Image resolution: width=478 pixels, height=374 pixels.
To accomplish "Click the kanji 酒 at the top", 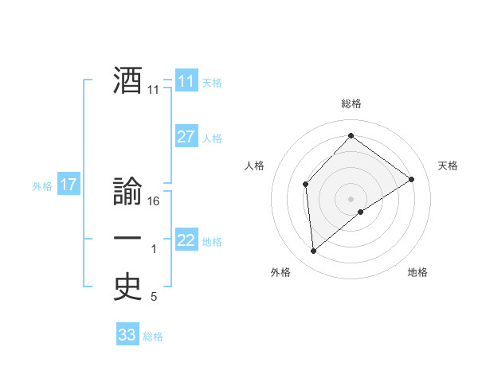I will (127, 80).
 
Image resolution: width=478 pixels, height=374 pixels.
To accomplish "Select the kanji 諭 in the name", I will (127, 193).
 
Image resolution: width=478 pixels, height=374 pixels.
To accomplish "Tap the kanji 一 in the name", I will (127, 239).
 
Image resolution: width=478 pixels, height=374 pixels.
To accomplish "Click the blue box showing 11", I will (186, 82).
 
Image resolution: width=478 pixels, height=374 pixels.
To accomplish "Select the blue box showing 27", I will (186, 137).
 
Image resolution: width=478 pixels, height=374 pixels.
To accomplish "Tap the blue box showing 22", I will (186, 240).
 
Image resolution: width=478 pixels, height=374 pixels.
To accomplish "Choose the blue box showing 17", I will (69, 185).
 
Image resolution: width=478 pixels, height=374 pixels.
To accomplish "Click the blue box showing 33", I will (127, 335).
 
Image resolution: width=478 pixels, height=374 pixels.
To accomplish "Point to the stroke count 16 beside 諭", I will (155, 201).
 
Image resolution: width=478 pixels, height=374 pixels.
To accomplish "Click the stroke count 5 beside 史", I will (154, 298).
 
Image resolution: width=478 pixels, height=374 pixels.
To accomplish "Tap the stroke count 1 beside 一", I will (155, 250).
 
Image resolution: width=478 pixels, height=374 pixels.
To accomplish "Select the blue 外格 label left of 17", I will (42, 186).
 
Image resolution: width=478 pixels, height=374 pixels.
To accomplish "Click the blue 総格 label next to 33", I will (153, 337).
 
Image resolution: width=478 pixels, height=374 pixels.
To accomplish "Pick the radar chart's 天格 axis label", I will (449, 166).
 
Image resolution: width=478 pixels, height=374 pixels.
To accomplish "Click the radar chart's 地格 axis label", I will (417, 272).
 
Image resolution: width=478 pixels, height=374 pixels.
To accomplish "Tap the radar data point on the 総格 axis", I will (351, 136).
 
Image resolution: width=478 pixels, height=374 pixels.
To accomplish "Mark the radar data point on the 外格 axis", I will (314, 251).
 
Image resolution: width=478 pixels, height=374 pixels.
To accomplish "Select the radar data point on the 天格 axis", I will (412, 179).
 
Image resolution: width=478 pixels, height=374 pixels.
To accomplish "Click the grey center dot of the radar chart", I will (351, 198).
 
